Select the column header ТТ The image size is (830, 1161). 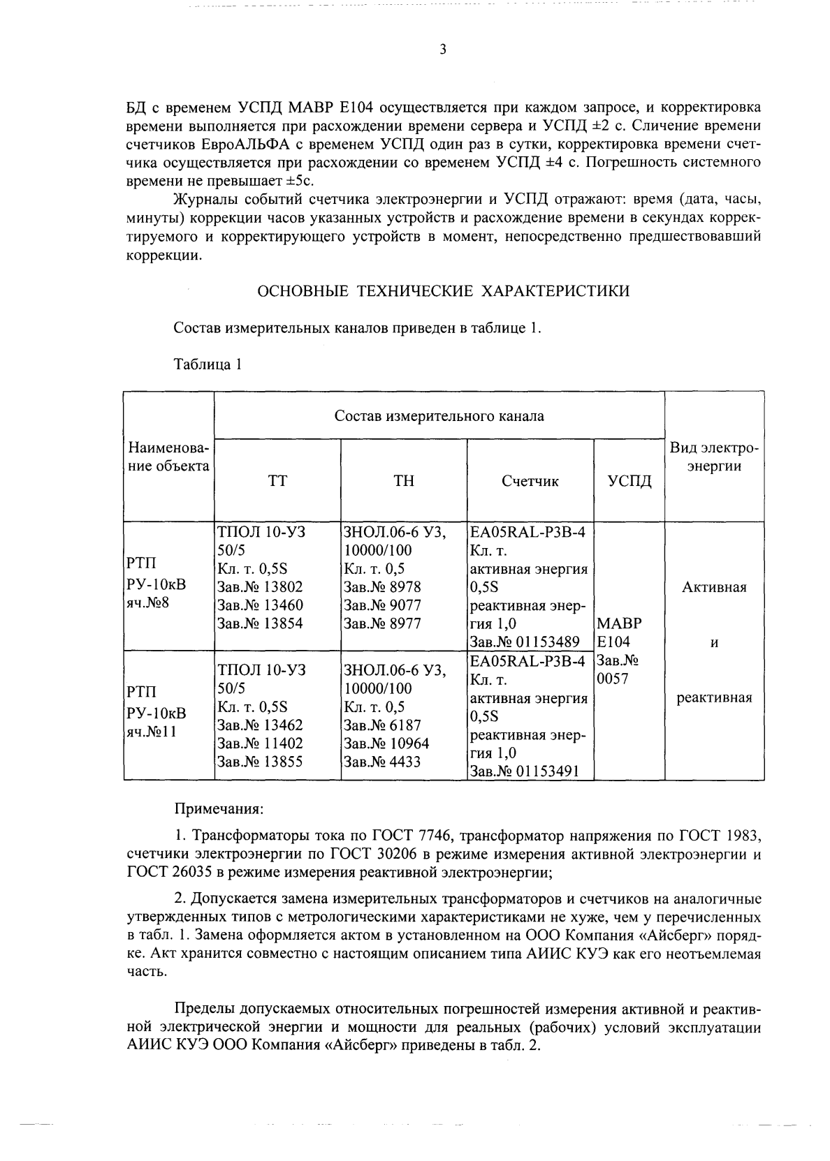click(277, 481)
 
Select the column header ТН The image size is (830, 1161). click(404, 481)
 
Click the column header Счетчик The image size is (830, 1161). click(530, 481)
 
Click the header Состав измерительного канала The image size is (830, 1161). click(439, 416)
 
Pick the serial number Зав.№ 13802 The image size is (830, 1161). click(261, 587)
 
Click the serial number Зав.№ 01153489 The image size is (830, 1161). click(525, 642)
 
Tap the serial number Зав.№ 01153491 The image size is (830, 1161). click(525, 772)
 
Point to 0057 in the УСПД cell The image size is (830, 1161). click(613, 679)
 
